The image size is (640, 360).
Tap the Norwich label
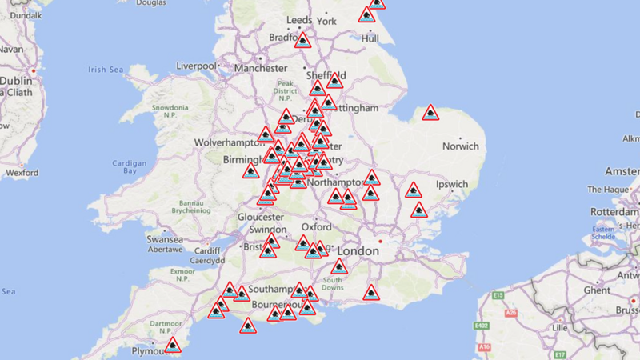pyautogui.click(x=461, y=146)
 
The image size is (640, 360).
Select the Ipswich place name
pyautogui.click(x=452, y=184)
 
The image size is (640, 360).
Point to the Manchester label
pyautogui.click(x=261, y=69)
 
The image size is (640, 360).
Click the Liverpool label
pyautogui.click(x=197, y=66)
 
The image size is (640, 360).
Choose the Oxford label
pyautogui.click(x=317, y=226)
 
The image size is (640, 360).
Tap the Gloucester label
pyautogui.click(x=261, y=217)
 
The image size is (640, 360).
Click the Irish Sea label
pyautogui.click(x=106, y=70)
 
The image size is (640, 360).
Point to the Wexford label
pyautogui.click(x=22, y=172)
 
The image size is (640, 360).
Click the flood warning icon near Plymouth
pyautogui.click(x=172, y=346)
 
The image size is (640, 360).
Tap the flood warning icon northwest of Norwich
pyautogui.click(x=430, y=114)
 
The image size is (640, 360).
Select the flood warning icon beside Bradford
pyautogui.click(x=302, y=40)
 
